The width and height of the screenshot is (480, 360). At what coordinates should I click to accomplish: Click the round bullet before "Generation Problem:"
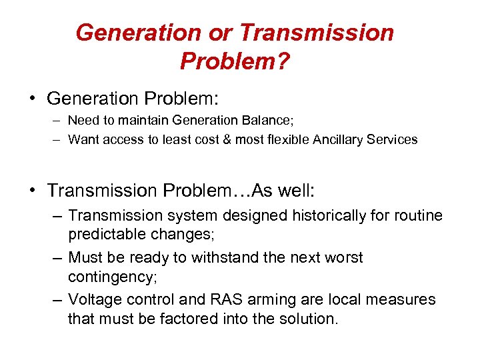[x=31, y=99]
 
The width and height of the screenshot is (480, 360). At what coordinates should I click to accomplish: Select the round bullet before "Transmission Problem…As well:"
[x=31, y=191]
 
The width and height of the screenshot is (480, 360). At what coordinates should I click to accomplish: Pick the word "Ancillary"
[x=335, y=140]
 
